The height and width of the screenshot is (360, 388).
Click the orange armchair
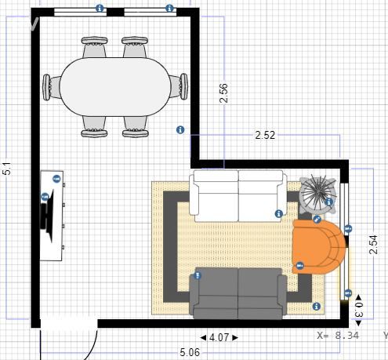pos(318,247)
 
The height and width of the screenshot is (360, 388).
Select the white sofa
pos(238,196)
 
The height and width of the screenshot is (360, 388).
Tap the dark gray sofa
pos(238,293)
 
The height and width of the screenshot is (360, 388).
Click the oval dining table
pos(115,87)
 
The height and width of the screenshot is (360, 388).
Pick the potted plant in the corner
pos(317,194)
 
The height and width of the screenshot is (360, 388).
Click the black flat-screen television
pos(48,216)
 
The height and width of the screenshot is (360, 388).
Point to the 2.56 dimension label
pos(224,93)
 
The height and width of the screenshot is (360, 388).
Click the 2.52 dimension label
pos(265,135)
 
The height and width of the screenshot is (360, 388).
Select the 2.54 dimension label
pos(374,245)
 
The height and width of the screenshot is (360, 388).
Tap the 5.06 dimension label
pos(190,352)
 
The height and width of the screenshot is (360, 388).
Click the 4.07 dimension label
pos(219,337)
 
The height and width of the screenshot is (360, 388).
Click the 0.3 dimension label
pos(359,311)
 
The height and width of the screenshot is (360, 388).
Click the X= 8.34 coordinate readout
pos(338,335)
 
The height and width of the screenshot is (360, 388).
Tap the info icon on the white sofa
pos(279,214)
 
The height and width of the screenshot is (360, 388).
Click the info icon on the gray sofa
pos(198,275)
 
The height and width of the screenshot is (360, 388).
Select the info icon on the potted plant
pos(329,202)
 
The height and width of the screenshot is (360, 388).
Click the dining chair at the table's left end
pos(52,87)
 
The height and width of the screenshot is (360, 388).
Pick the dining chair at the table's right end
pos(179,86)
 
